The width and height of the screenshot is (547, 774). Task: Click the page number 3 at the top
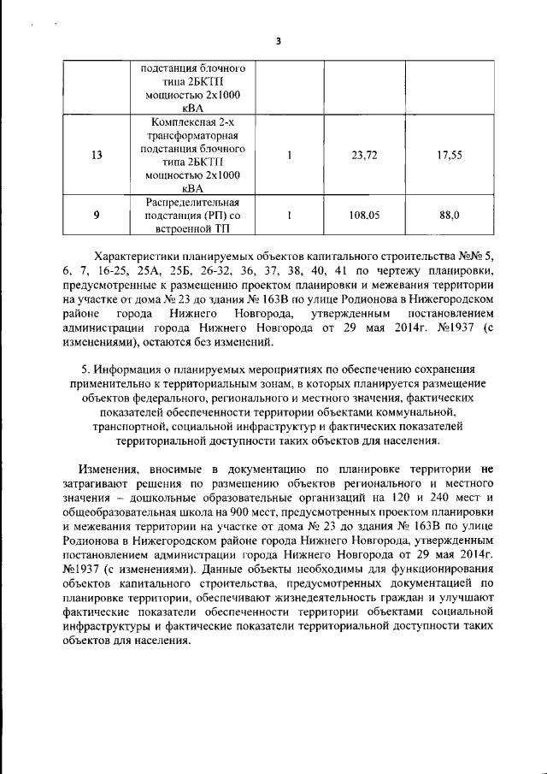tap(278, 40)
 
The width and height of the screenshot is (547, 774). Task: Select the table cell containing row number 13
tap(96, 156)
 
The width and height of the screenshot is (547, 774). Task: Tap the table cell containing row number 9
tap(96, 216)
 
